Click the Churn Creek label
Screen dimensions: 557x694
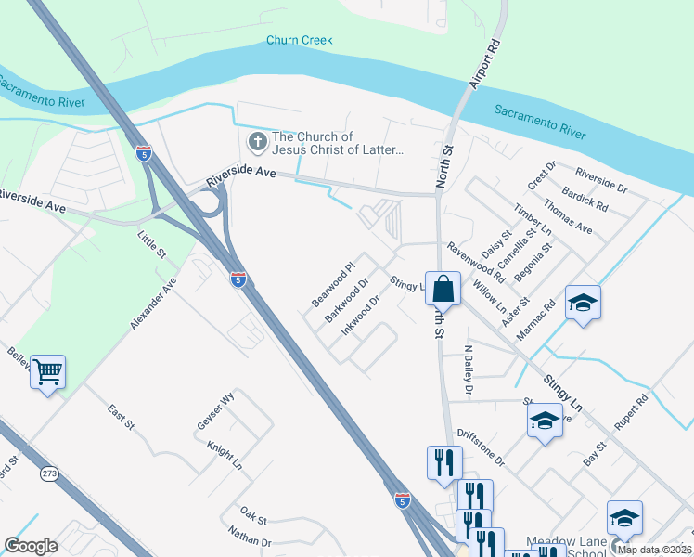[299, 40]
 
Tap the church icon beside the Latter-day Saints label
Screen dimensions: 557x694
[256, 143]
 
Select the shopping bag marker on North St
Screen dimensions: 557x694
[443, 288]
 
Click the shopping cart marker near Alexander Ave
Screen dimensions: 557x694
[47, 372]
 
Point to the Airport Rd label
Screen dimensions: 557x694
[487, 64]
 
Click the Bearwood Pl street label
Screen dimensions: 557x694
[333, 285]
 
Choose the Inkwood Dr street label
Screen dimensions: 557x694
[361, 316]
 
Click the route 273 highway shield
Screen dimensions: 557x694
[49, 473]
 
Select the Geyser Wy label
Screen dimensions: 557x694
[216, 408]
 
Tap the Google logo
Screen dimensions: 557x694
[31, 546]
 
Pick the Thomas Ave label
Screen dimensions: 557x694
[568, 216]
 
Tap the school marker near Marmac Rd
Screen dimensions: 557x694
[583, 304]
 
